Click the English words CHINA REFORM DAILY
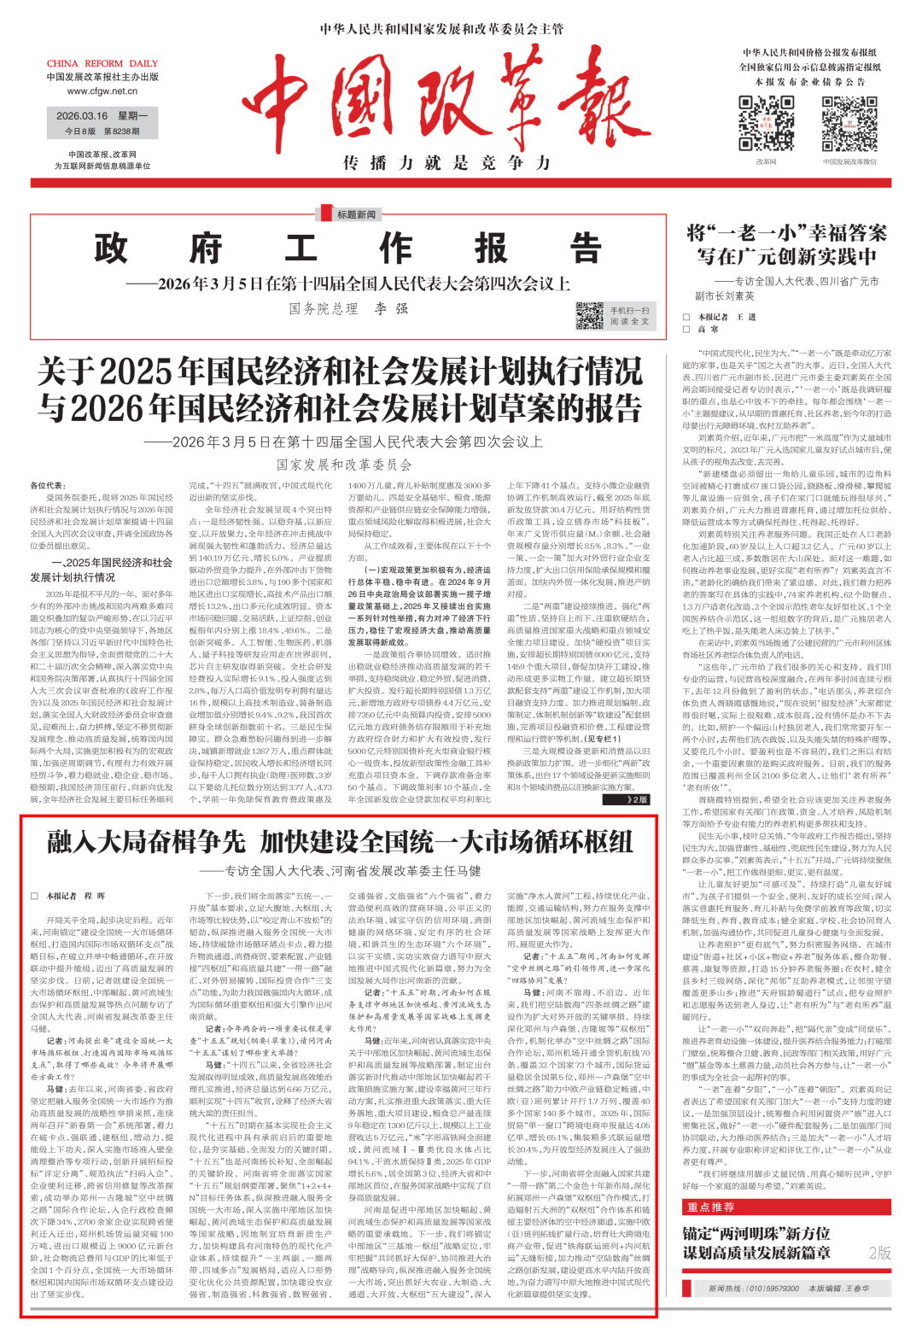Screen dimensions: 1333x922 102,63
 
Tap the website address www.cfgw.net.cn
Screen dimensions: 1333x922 102,91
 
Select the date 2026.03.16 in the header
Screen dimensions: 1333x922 82,116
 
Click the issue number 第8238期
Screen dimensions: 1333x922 121,132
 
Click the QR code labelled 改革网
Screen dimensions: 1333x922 766,125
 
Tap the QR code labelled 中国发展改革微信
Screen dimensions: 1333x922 849,125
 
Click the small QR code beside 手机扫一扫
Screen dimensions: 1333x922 589,315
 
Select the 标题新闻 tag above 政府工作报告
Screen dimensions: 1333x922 356,214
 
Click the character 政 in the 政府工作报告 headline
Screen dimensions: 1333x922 112,249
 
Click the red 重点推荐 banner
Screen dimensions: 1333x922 710,1207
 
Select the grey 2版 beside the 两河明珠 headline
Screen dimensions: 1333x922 879,1252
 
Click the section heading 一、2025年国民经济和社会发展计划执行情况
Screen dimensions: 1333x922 102,570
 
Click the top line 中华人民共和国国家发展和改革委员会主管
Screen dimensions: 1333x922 441,29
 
